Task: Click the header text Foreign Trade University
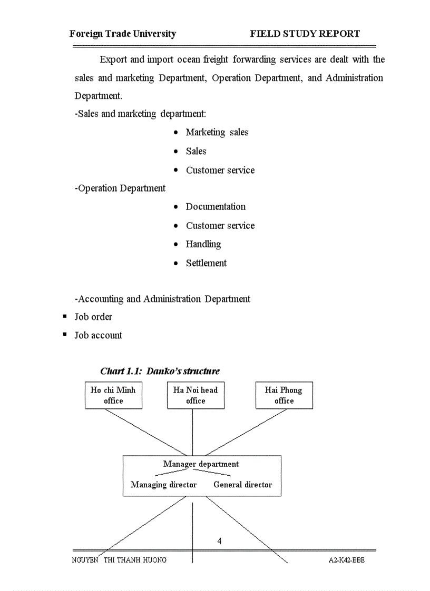(123, 34)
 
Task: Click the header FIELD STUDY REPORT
(305, 34)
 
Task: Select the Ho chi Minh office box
(113, 396)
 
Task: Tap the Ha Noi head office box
(196, 396)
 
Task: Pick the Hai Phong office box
(284, 396)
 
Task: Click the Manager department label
(201, 464)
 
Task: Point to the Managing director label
(163, 485)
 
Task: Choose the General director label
(243, 485)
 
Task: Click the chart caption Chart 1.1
(160, 371)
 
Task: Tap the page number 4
(220, 541)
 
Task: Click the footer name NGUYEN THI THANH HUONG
(119, 560)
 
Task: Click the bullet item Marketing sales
(217, 132)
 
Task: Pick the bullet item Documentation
(216, 207)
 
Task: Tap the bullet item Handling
(203, 244)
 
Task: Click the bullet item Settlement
(206, 263)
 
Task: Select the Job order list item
(93, 317)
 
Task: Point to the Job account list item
(99, 335)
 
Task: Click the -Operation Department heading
(120, 188)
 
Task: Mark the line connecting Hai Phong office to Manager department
(246, 433)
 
